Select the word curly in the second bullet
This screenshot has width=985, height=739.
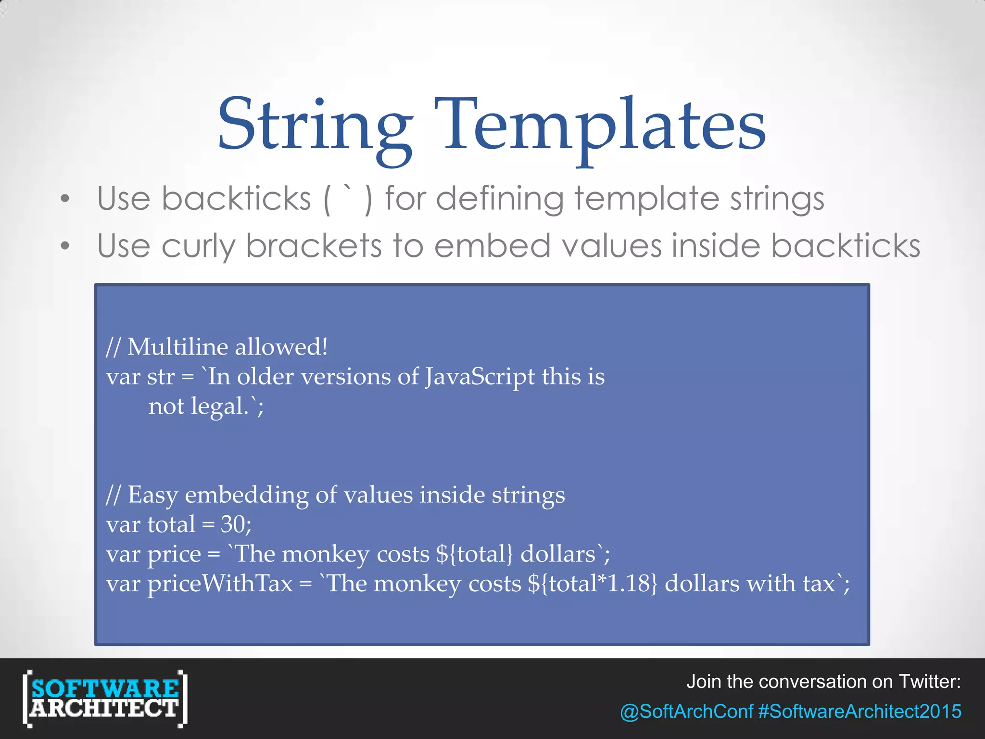click(x=198, y=246)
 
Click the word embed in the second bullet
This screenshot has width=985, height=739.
click(x=492, y=246)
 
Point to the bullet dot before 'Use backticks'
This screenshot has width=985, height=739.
click(x=65, y=199)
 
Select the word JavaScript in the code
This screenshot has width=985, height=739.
click(x=480, y=377)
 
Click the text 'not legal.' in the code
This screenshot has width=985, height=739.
click(x=198, y=407)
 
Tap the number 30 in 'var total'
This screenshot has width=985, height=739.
click(x=232, y=524)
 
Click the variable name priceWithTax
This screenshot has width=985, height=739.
click(x=220, y=584)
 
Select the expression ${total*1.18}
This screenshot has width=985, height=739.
click(x=592, y=584)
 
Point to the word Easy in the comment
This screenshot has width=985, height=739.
click(x=153, y=495)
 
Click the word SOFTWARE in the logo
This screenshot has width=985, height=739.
click(x=105, y=688)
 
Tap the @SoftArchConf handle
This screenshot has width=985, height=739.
click(x=686, y=712)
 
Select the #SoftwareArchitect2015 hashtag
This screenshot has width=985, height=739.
click(x=859, y=712)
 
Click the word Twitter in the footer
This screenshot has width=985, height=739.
click(x=929, y=682)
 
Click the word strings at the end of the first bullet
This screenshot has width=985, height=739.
click(x=777, y=199)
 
